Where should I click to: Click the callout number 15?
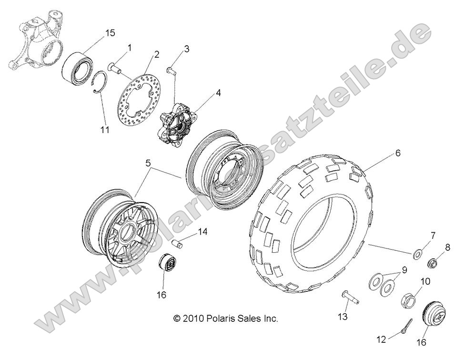click(x=110, y=32)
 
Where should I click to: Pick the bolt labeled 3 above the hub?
click(x=171, y=70)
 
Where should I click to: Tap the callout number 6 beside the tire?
click(x=397, y=154)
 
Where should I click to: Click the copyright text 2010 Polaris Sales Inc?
click(x=225, y=318)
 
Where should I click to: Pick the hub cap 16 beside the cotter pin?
click(x=435, y=315)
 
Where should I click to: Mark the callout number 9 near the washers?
click(x=404, y=270)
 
